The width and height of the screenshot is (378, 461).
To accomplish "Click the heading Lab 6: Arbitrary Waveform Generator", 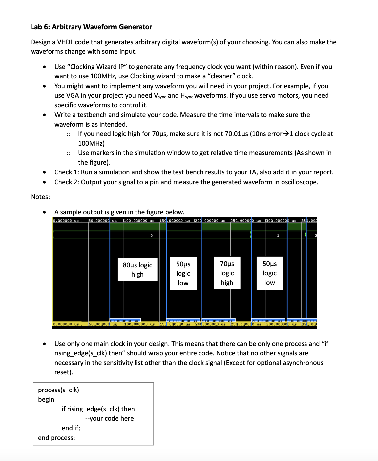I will [x=91, y=27].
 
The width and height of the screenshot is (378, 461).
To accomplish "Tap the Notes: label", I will [x=40, y=197].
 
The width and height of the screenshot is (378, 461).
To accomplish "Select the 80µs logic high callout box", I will [x=137, y=270].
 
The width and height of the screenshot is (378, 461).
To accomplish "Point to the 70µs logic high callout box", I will [x=227, y=273].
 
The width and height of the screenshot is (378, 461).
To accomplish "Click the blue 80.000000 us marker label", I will [x=125, y=320].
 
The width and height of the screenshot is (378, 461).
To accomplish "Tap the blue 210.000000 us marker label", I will [x=218, y=320].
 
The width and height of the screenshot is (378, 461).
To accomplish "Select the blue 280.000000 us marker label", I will [x=268, y=320].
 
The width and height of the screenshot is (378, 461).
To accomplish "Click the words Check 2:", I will [x=67, y=182].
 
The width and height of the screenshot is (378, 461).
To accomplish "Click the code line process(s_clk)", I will [x=58, y=390].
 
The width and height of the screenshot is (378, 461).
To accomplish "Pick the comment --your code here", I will [x=109, y=419].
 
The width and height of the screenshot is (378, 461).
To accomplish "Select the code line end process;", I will [x=56, y=438].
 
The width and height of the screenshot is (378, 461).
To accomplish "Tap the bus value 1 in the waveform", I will [x=278, y=236].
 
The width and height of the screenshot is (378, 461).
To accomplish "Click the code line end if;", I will [x=71, y=428].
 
